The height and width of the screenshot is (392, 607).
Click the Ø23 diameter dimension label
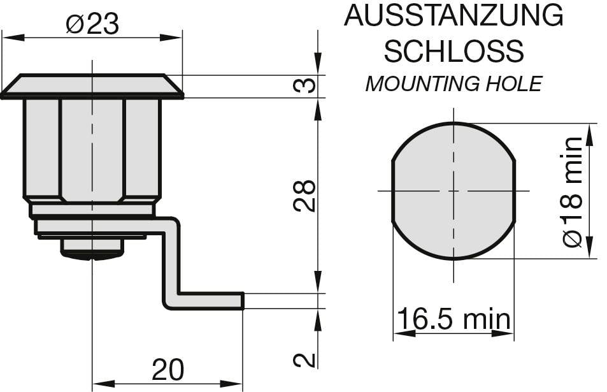point(92,24)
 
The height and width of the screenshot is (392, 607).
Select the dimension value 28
point(306,196)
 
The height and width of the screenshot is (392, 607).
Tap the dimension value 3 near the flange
point(307,85)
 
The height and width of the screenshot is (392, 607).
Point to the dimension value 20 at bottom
point(168,370)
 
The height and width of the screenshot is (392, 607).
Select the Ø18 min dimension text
point(573,191)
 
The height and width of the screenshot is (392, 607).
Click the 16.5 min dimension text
point(453,319)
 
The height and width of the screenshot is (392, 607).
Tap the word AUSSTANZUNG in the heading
point(453,15)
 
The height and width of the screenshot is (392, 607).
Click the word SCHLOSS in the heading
point(453,50)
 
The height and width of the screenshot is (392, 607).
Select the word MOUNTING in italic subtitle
point(423,83)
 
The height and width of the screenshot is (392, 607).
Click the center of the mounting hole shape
point(453,191)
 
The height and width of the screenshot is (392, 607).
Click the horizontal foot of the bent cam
point(210,301)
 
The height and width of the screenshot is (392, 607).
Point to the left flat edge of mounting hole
point(392,191)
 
